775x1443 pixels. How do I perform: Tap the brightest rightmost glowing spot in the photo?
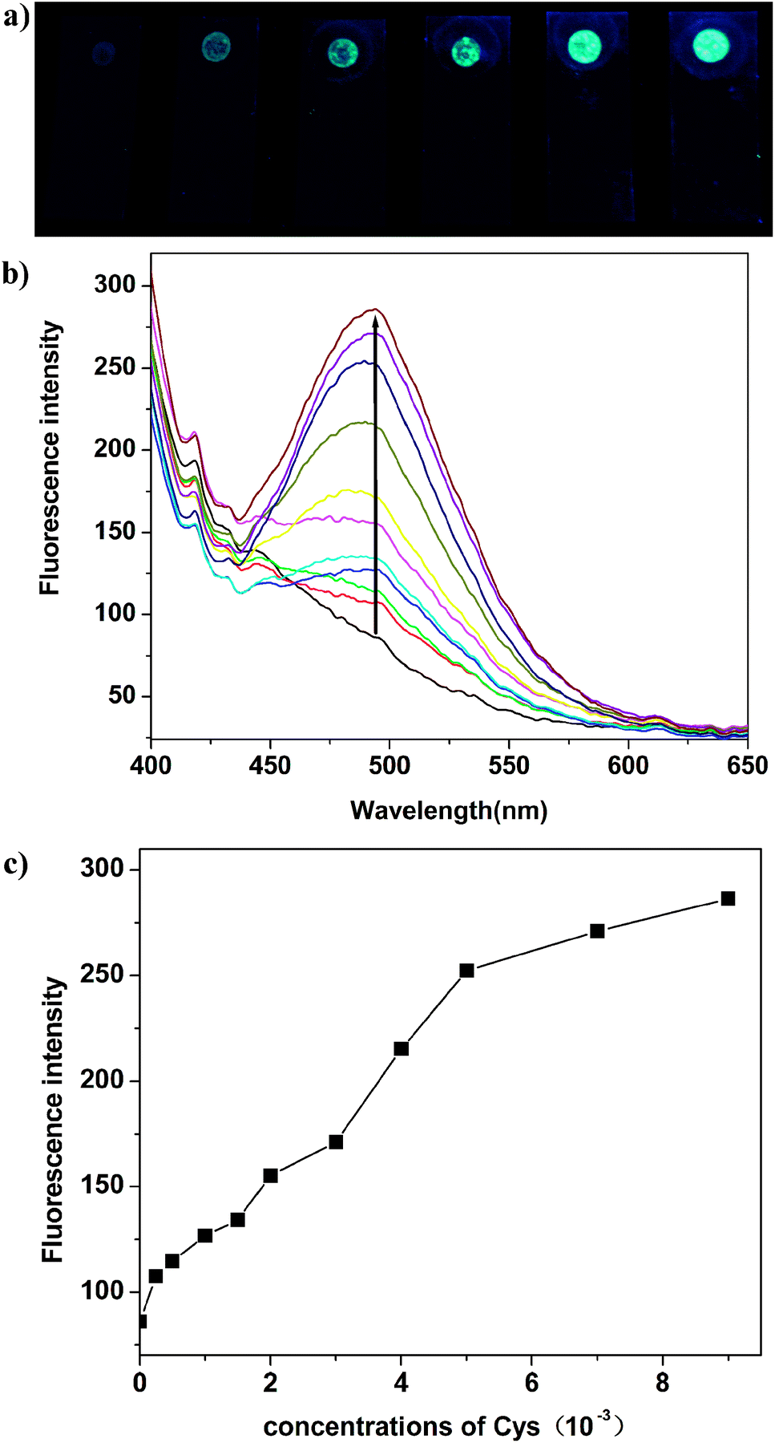(x=711, y=45)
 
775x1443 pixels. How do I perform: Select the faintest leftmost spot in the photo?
(x=103, y=53)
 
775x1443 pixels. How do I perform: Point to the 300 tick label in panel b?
(x=115, y=284)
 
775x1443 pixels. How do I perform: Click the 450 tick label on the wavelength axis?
(x=270, y=765)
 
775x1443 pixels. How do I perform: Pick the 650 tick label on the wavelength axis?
(x=747, y=765)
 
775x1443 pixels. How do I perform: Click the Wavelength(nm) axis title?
(x=449, y=811)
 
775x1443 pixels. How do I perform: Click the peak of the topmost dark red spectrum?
(x=373, y=309)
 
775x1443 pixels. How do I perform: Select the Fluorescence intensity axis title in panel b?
(x=50, y=458)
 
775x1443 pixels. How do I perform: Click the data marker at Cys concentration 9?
(x=728, y=898)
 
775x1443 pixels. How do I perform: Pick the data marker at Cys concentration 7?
(x=597, y=931)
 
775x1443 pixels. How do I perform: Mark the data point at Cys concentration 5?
(x=466, y=971)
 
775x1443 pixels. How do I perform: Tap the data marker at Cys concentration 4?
(x=402, y=1048)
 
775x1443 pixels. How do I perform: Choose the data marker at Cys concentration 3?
(x=336, y=1141)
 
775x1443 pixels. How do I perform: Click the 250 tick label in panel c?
(x=102, y=975)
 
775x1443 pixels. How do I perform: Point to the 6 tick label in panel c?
(x=531, y=1384)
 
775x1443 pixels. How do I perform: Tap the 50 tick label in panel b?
(x=122, y=695)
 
